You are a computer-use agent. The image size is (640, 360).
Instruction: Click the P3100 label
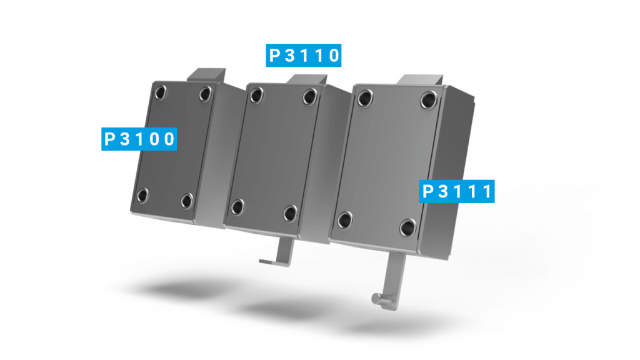139,139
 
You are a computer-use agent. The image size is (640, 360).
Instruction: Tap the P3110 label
304,56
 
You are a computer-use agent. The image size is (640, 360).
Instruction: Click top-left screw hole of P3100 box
161,93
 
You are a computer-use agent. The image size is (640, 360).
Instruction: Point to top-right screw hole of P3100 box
205,94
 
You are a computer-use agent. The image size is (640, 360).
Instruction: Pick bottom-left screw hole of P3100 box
142,196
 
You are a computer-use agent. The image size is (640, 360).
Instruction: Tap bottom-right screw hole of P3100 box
186,200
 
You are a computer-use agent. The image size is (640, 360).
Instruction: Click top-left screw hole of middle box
255,95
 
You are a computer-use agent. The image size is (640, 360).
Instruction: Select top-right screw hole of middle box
309,96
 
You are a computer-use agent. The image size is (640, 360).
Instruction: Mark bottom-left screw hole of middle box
237,206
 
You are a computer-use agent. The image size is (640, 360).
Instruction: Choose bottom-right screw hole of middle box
290,212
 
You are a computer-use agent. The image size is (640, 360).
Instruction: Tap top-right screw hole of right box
428,99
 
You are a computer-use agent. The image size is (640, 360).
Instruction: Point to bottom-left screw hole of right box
344,219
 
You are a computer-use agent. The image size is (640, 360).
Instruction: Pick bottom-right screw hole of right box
407,227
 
